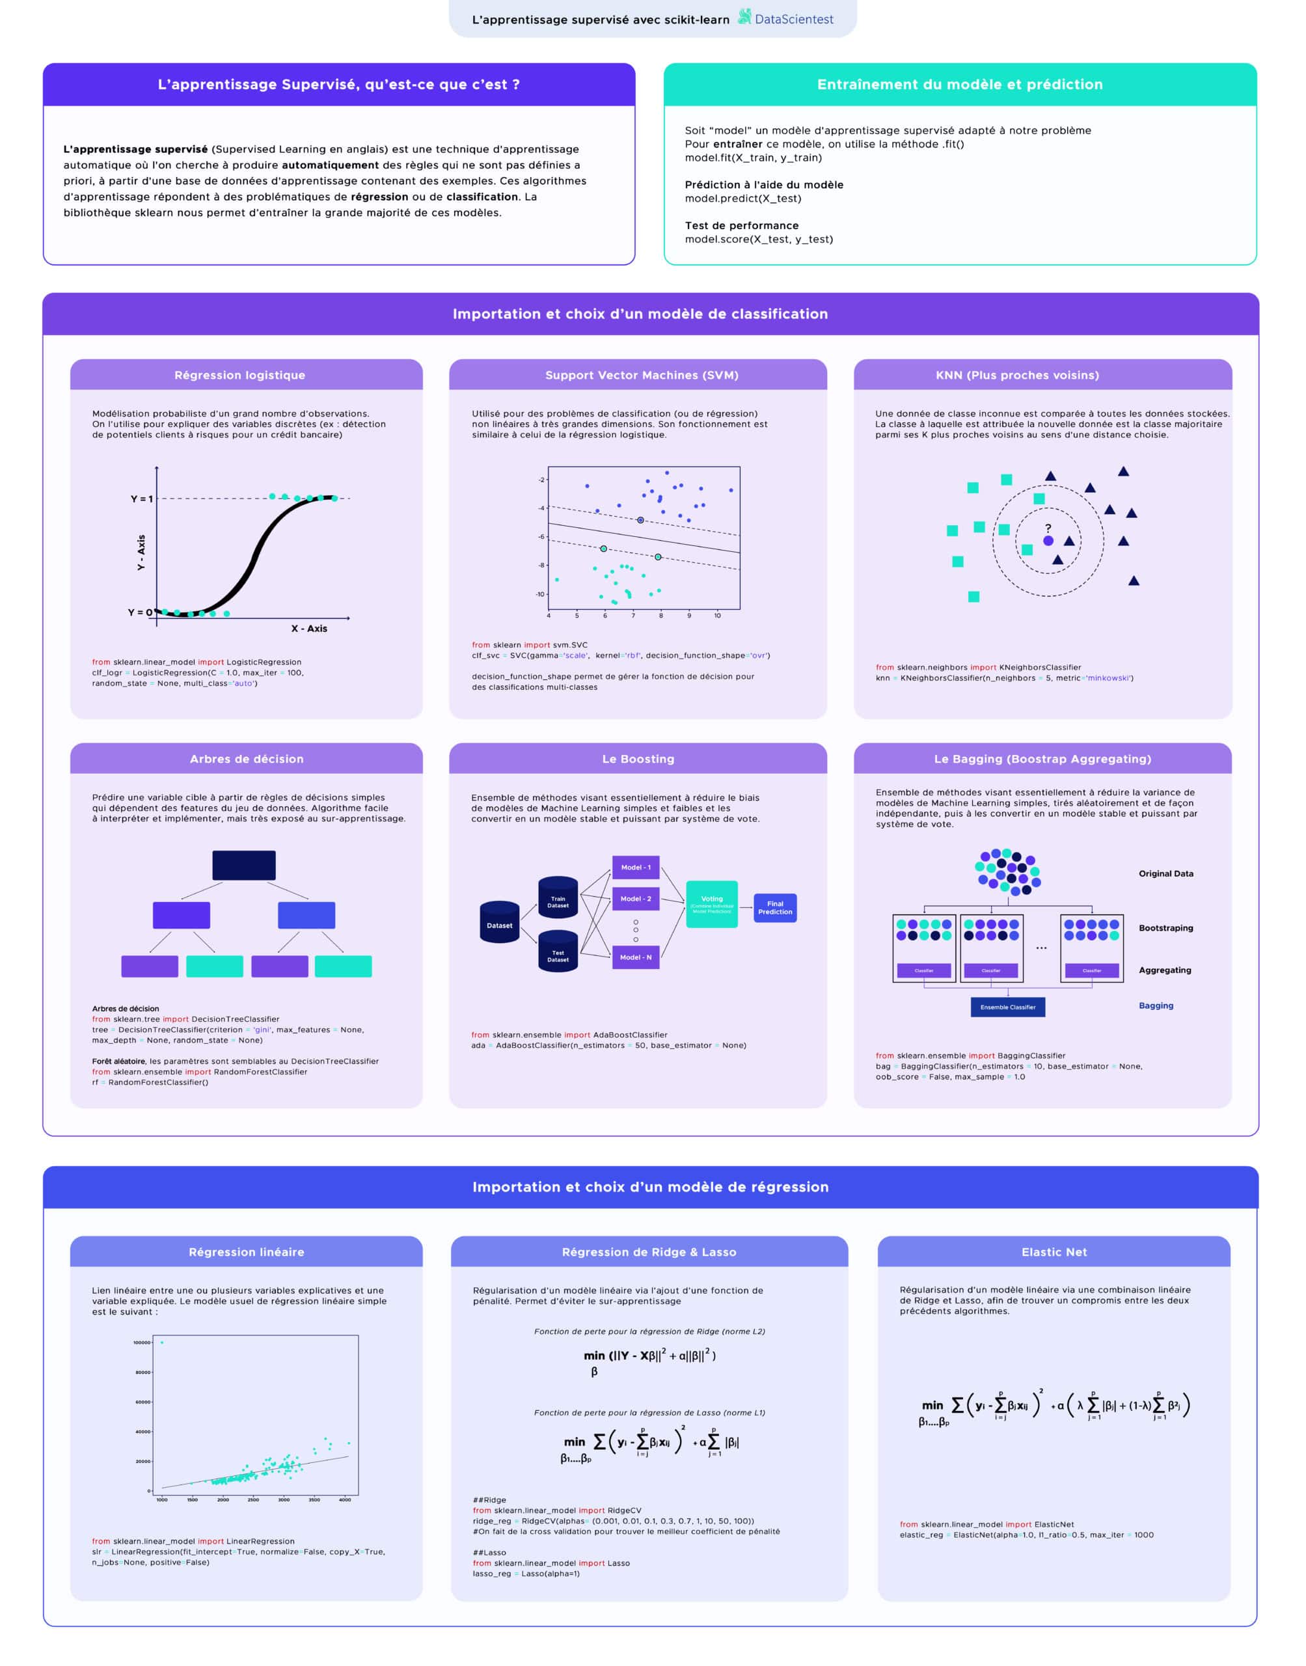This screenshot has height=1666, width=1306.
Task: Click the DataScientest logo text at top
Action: (793, 19)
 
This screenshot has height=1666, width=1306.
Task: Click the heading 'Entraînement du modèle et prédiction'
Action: (960, 84)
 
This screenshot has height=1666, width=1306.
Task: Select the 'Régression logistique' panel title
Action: (239, 375)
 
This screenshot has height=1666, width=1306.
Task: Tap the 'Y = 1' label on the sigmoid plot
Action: (141, 498)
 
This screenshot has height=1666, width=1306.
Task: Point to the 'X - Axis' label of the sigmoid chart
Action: (309, 629)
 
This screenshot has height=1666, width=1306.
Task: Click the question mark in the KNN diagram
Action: (1048, 528)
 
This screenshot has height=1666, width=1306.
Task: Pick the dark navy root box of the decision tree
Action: (244, 865)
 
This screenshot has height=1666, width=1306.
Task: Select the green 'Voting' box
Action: (712, 904)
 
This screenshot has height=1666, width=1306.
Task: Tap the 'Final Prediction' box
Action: (774, 908)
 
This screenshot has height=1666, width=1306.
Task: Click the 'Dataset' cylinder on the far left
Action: (499, 922)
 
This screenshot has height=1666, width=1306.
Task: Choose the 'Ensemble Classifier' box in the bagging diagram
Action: (1008, 1007)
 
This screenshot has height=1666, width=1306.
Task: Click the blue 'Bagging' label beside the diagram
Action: (1156, 1005)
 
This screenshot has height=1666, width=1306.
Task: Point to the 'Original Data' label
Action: (1165, 873)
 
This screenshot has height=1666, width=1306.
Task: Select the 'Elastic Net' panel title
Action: (1054, 1251)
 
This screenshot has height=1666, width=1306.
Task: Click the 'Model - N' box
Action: (635, 957)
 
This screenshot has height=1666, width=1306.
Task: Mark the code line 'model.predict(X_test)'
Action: (742, 198)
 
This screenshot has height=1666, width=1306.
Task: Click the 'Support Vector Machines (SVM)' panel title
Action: (642, 375)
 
